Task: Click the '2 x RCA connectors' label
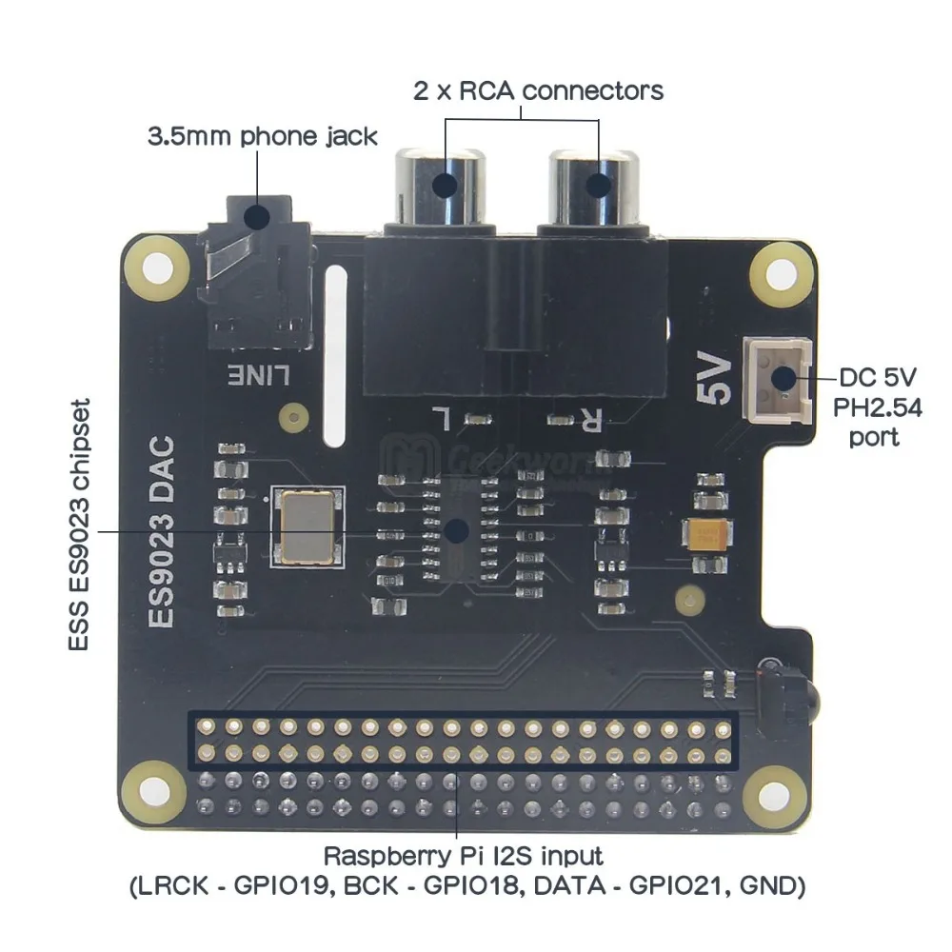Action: (x=538, y=91)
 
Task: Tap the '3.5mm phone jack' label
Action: (x=262, y=135)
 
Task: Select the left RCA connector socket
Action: (x=445, y=183)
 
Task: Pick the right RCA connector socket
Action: (x=598, y=183)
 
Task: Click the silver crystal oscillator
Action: (x=304, y=528)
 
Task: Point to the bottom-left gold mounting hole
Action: (x=149, y=784)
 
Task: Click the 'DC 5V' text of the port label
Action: (x=872, y=378)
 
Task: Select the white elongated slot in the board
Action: (x=334, y=356)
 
